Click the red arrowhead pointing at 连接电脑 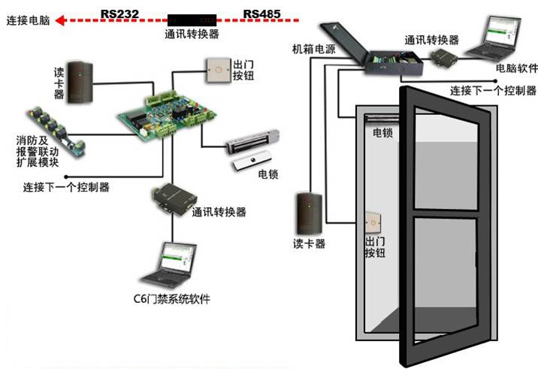pyautogui.click(x=61, y=21)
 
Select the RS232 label pyautogui.click(x=119, y=14)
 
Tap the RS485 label pyautogui.click(x=261, y=14)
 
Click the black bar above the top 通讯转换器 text pyautogui.click(x=192, y=20)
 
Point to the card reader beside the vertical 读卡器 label pyautogui.click(x=80, y=83)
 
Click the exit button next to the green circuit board pyautogui.click(x=218, y=71)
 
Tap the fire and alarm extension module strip pyautogui.click(x=56, y=132)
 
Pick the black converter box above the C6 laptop pyautogui.click(x=174, y=199)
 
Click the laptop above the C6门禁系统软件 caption pyautogui.click(x=170, y=265)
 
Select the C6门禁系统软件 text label pyautogui.click(x=171, y=299)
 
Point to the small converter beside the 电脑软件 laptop pyautogui.click(x=444, y=57)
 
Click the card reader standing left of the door pyautogui.click(x=309, y=213)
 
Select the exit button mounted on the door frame pyautogui.click(x=373, y=223)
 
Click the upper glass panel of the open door pyautogui.click(x=446, y=162)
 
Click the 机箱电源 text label pyautogui.click(x=314, y=49)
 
